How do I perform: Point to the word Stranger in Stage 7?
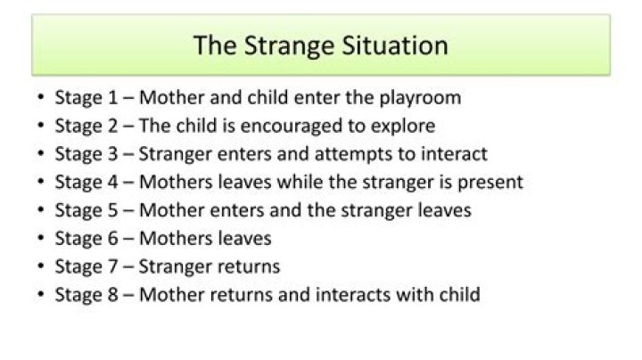(176, 266)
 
